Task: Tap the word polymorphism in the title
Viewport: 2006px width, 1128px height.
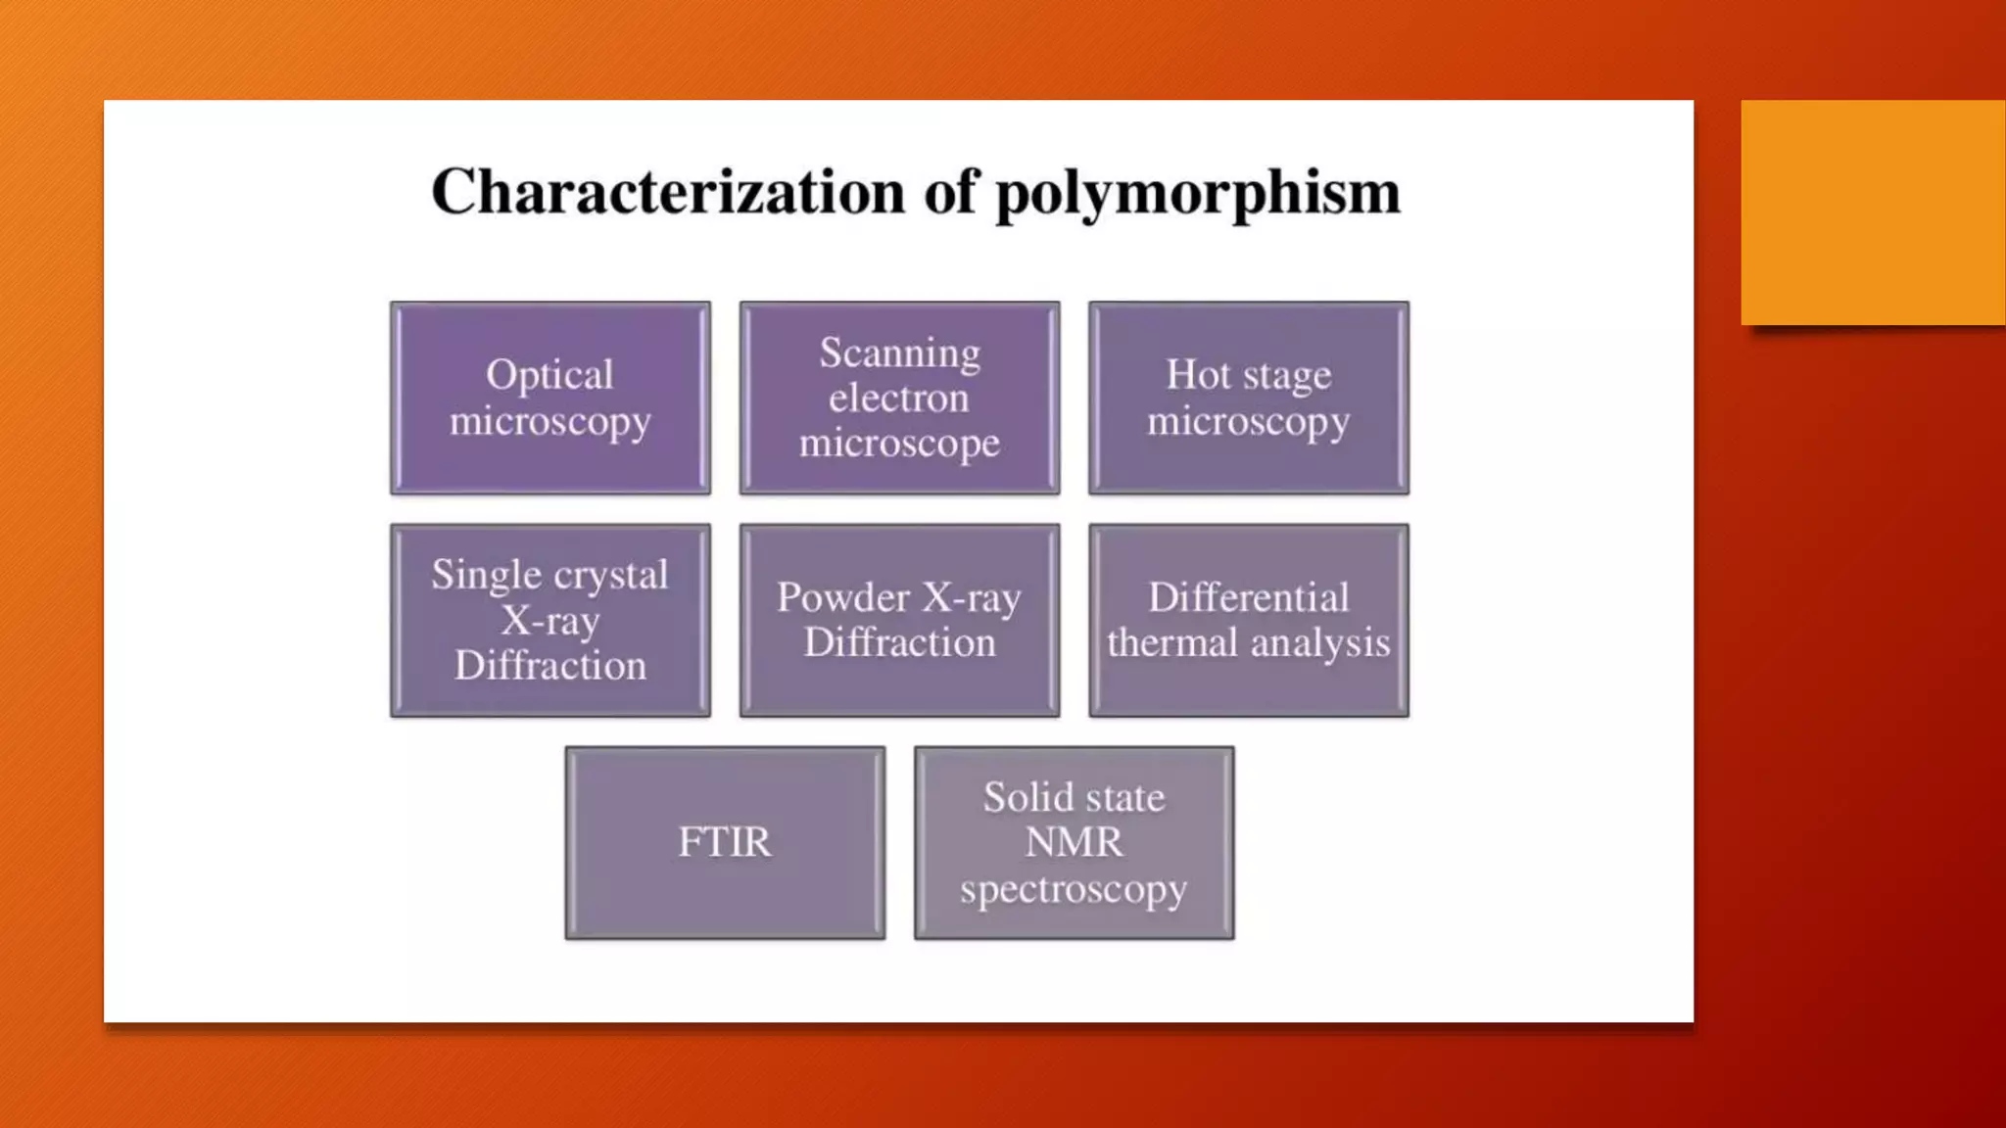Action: pos(1197,193)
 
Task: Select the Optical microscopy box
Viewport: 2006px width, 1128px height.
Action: pos(550,398)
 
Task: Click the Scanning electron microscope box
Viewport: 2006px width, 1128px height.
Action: pos(899,398)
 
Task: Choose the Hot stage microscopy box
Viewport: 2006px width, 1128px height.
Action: pos(1249,398)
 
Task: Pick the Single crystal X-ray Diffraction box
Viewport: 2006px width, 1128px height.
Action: pos(550,620)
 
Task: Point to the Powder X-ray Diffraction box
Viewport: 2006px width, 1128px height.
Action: pos(899,620)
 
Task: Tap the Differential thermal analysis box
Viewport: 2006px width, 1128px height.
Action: pos(1249,620)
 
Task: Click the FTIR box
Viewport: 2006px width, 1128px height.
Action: pos(725,842)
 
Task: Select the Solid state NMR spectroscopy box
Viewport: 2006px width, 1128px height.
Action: pos(1074,842)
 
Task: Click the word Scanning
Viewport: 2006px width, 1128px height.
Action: pos(899,353)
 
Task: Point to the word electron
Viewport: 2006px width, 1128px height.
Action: pos(898,399)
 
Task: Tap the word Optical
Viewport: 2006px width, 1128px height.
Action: pos(549,375)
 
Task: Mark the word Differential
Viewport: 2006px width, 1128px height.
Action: pos(1249,597)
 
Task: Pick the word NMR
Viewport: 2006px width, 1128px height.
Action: pos(1074,842)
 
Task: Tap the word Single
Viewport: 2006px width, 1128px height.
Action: pos(473,575)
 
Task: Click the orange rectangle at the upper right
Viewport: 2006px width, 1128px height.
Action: pos(1873,212)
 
